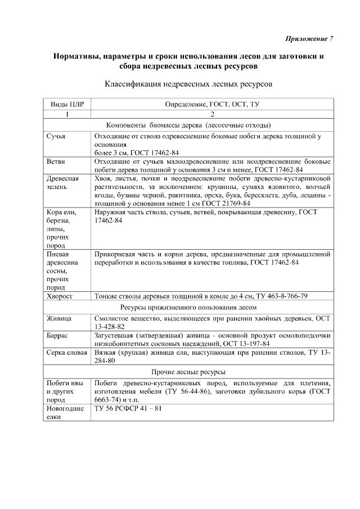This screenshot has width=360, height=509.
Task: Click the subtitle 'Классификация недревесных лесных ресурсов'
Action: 188,84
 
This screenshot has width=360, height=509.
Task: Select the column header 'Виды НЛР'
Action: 67,105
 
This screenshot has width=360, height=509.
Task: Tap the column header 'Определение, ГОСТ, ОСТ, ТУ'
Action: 211,105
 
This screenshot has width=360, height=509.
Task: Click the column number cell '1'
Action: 67,115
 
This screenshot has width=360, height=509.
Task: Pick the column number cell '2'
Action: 211,115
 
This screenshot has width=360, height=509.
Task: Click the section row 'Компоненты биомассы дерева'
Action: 188,125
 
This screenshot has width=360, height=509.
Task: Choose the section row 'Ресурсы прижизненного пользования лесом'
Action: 188,308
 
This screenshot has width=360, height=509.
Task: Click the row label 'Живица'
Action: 59,319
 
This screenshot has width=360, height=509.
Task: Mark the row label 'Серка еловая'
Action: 66,352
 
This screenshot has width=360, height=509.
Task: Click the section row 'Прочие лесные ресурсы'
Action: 188,372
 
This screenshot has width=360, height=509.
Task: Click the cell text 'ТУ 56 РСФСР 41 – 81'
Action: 128,408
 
